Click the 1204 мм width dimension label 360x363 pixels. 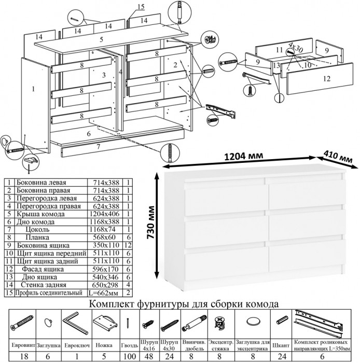click(x=244, y=156)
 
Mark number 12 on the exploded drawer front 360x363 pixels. click(x=326, y=79)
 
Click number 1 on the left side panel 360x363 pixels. click(x=33, y=89)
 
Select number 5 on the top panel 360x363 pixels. click(x=101, y=39)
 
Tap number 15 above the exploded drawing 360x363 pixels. click(x=141, y=6)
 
